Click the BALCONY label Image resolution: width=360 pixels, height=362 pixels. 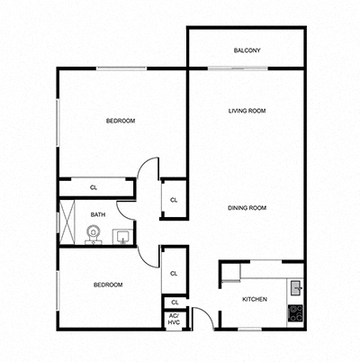247,50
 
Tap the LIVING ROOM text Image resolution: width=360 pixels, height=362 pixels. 247,111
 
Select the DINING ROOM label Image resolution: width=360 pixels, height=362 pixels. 247,208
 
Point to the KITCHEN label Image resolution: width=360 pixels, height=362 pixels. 254,298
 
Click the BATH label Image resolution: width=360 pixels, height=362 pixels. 98,214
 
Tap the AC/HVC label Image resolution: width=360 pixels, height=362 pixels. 174,319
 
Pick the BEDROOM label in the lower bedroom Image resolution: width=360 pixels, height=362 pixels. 108,285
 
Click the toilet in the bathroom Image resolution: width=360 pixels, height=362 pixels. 92,234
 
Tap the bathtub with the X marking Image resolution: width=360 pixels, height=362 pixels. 68,223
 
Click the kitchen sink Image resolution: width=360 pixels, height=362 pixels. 294,288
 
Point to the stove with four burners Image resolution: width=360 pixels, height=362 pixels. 294,314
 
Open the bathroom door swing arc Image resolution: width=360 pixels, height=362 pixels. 126,210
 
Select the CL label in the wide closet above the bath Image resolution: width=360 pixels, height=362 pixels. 94,187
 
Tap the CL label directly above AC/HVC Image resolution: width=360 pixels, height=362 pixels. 174,302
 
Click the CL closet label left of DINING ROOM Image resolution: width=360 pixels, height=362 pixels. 174,199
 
